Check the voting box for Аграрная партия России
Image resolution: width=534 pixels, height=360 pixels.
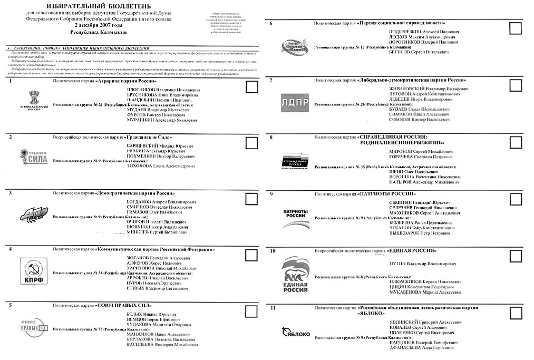pyautogui.click(x=251, y=87)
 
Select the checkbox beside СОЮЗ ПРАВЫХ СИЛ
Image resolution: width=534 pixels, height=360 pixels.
pyautogui.click(x=251, y=311)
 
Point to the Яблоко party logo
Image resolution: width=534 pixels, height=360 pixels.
pyautogui.click(x=296, y=332)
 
